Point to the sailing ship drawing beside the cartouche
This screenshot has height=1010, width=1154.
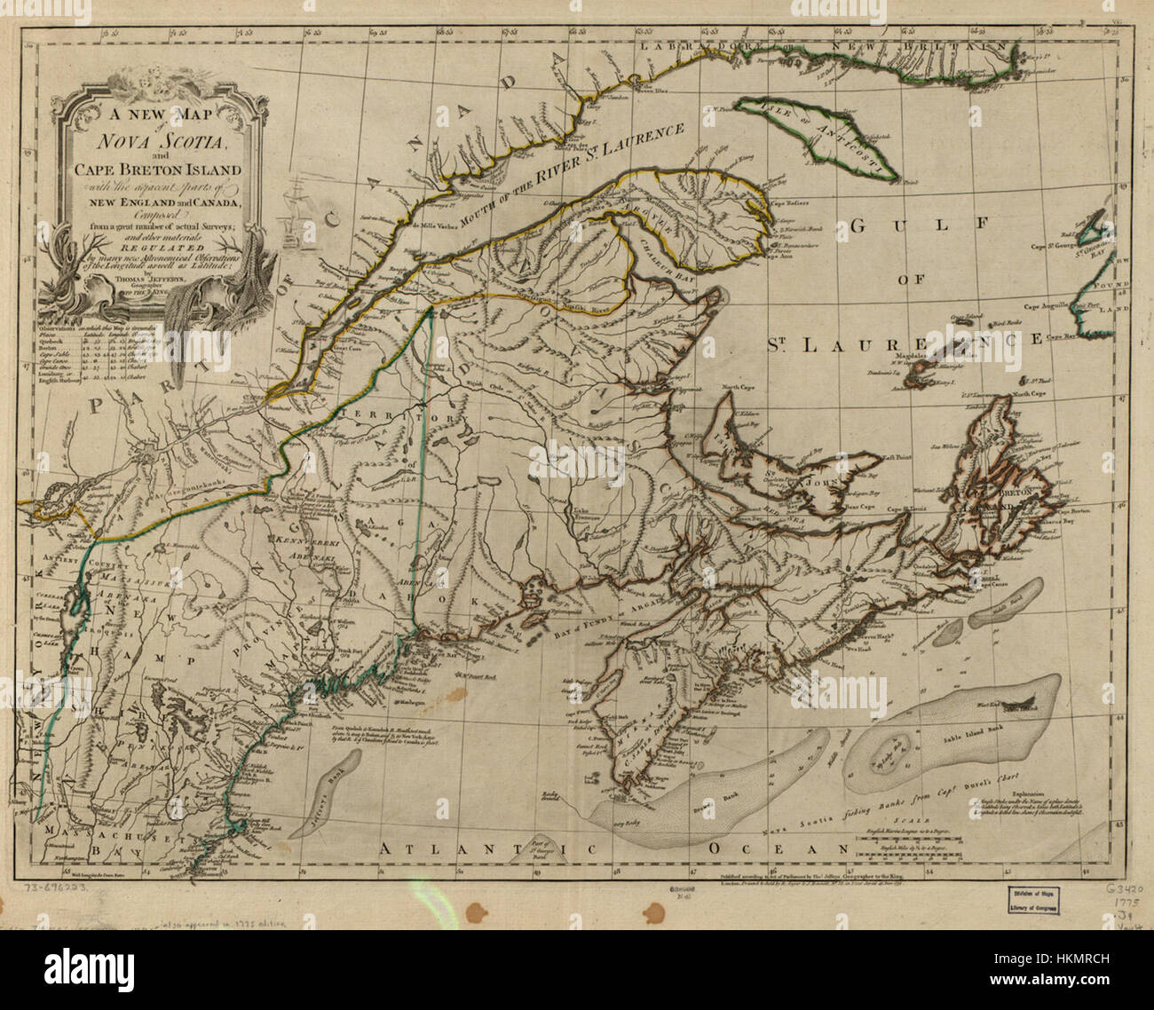pyautogui.click(x=294, y=214)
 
